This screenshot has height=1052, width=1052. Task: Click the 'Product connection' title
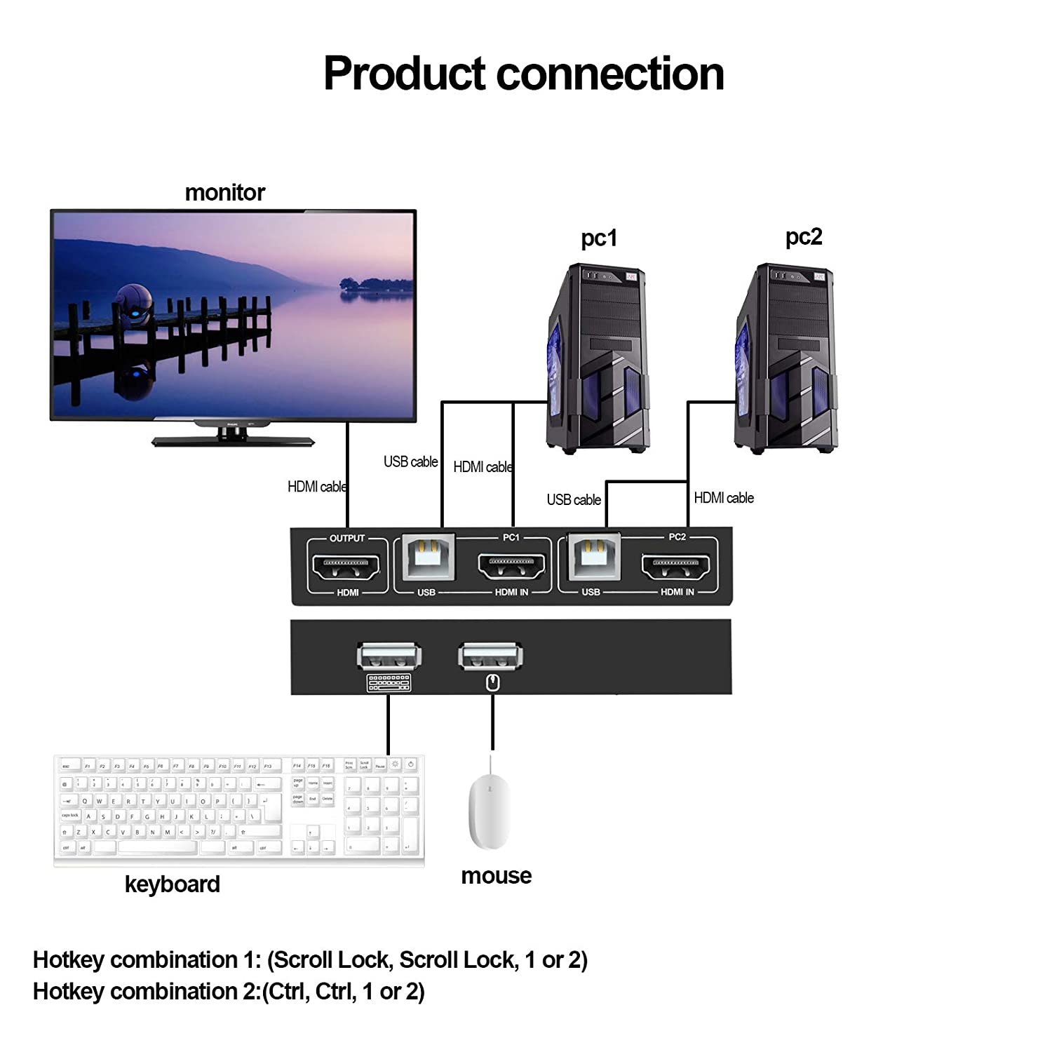[x=523, y=74]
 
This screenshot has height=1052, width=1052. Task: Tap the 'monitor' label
[x=224, y=192]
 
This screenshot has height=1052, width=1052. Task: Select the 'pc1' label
[x=598, y=238]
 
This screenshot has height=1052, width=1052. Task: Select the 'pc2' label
[x=803, y=236]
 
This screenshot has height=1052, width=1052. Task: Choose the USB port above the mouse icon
[x=490, y=656]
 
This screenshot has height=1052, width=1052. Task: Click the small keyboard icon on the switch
[x=389, y=682]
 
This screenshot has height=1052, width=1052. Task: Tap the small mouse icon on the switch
[x=493, y=682]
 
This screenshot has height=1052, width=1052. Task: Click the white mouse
[x=490, y=812]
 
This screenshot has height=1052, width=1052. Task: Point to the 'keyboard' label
[x=172, y=884]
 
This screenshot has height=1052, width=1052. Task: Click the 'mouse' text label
[x=496, y=875]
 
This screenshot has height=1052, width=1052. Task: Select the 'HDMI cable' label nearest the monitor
[x=317, y=487]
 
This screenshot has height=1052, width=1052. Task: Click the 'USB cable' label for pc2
[x=574, y=500]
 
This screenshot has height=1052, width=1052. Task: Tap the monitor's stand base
[x=233, y=441]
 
